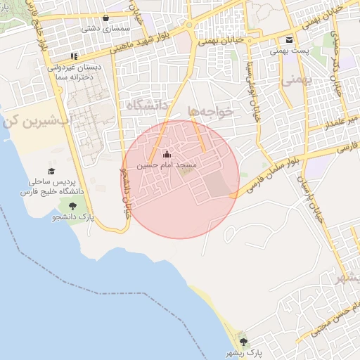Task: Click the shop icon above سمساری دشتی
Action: click(105, 18)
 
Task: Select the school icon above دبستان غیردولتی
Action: click(74, 56)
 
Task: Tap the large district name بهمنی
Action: click(295, 80)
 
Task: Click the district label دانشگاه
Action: click(150, 105)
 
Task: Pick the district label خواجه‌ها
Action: click(210, 111)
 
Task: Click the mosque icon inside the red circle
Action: click(167, 154)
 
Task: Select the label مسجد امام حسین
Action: click(173, 165)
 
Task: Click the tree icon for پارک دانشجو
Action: click(73, 206)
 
